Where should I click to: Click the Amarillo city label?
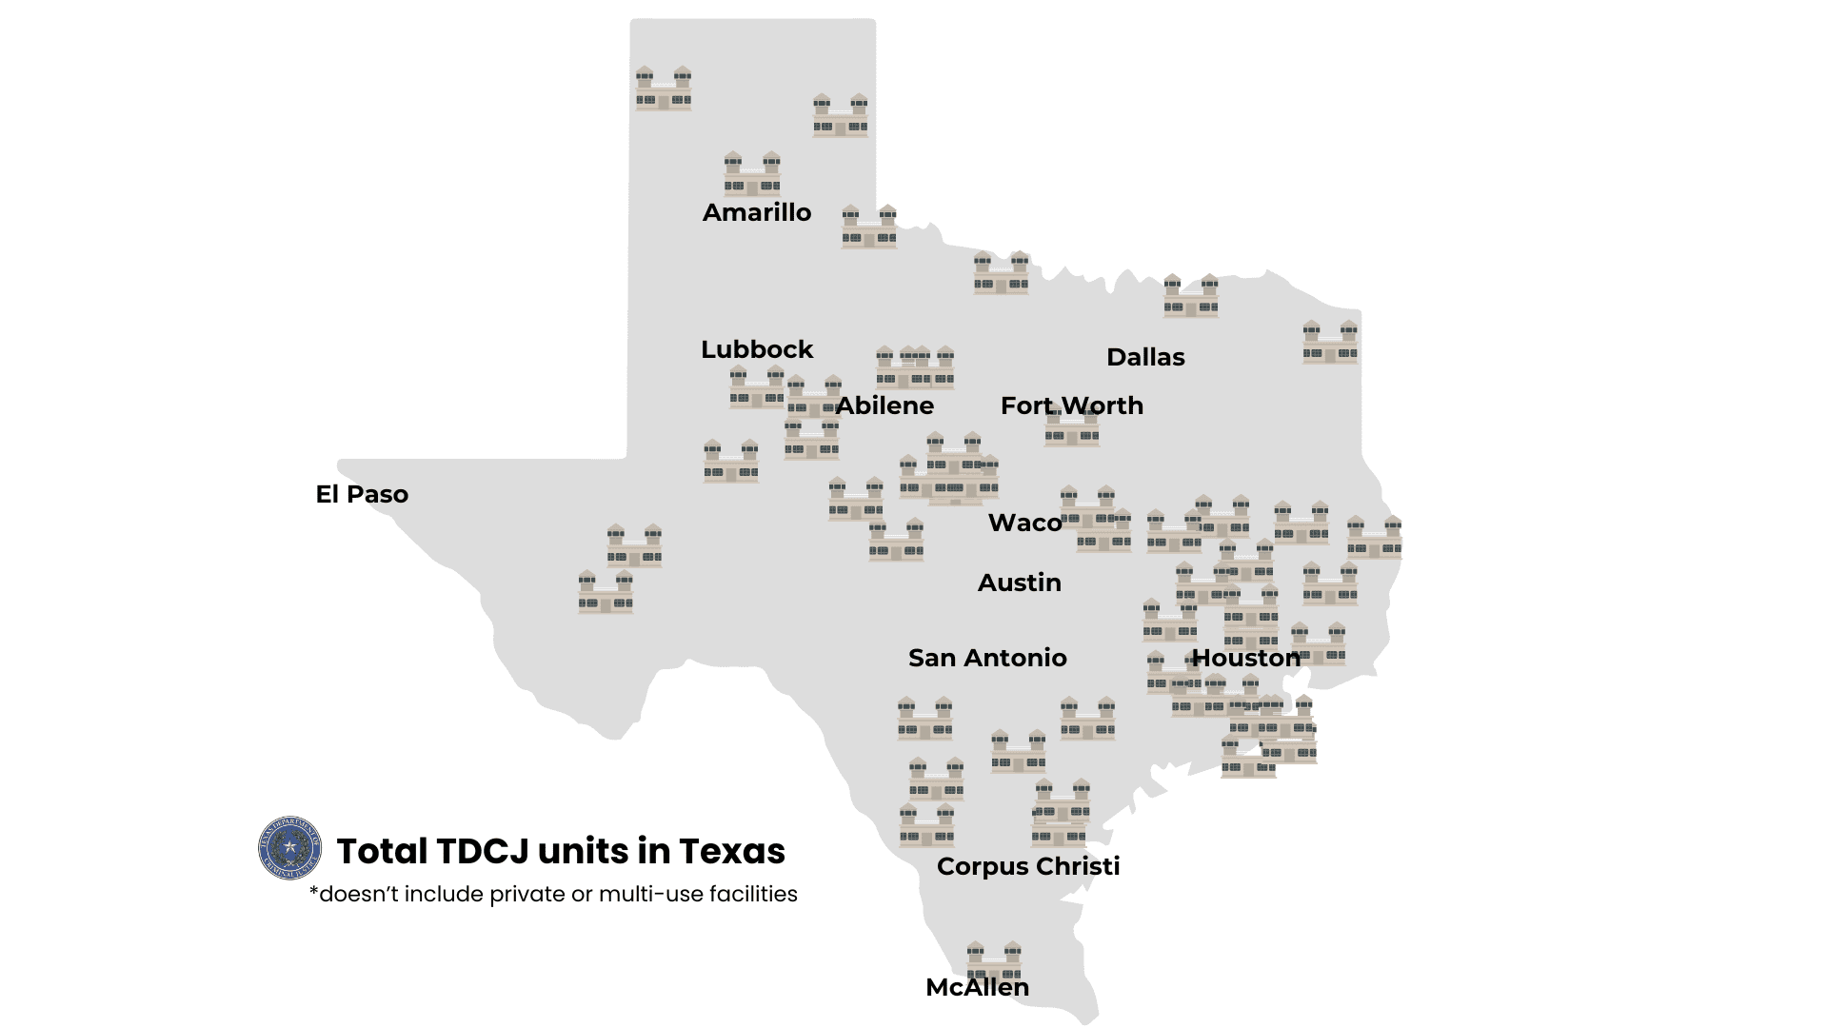pos(757,212)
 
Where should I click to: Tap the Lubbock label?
pos(757,349)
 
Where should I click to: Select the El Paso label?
pos(362,494)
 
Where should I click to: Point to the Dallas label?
pos(1145,357)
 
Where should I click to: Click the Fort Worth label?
pos(1071,405)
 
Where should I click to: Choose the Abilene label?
pos(884,405)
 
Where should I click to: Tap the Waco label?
pos(1024,523)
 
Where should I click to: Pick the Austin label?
pos(1019,583)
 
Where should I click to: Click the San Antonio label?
pos(987,658)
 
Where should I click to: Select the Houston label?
pos(1245,658)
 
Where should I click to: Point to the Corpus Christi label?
pos(1028,866)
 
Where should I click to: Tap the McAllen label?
pos(977,987)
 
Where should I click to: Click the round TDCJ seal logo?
pos(290,848)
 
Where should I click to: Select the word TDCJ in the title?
pos(482,851)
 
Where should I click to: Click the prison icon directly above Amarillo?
pos(752,173)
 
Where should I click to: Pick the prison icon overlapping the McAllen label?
pos(994,961)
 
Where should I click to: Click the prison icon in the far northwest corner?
pos(664,89)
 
